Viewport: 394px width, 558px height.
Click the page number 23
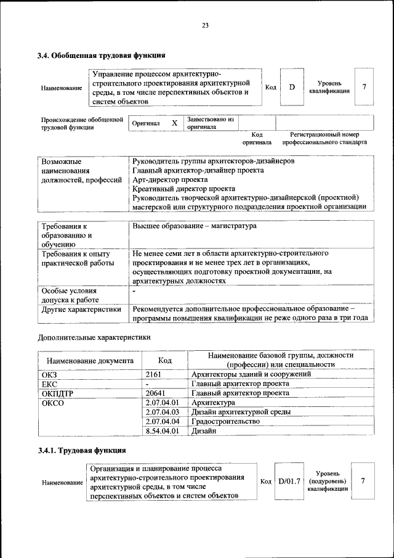(x=204, y=25)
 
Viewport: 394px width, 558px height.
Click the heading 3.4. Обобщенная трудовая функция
(x=101, y=55)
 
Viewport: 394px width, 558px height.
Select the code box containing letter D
(x=292, y=87)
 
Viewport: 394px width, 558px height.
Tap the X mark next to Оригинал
(x=175, y=123)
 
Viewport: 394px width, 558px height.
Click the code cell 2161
(x=153, y=374)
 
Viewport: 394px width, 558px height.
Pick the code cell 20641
(x=156, y=393)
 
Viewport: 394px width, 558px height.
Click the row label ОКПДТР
(x=58, y=393)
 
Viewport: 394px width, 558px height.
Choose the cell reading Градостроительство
(x=225, y=422)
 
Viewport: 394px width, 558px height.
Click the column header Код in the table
(x=164, y=360)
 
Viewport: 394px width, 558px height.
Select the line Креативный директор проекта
(x=183, y=189)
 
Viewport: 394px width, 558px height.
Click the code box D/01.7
(x=289, y=480)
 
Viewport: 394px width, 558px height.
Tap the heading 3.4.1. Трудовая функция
(x=82, y=451)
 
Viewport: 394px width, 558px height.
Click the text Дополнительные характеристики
(x=94, y=337)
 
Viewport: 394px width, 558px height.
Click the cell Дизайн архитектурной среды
(x=241, y=412)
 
